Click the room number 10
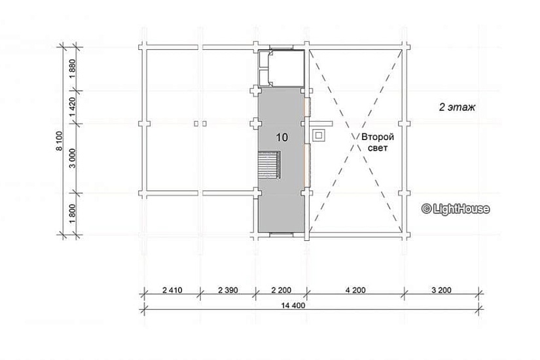pos(281,137)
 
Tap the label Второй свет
pos(378,142)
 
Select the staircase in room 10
pos(269,165)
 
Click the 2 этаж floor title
pos(457,107)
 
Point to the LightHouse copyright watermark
pos(456,209)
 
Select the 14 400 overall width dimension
pos(293,305)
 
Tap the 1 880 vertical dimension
pos(72,69)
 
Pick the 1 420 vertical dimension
pos(72,107)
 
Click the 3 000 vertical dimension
pos(72,158)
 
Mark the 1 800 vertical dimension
pos(72,213)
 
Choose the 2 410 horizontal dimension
pos(172,290)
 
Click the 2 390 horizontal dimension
pos(228,290)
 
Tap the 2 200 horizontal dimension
pos(281,290)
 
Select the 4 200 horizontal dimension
pos(355,290)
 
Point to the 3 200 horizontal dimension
pos(441,290)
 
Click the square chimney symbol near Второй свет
pos(319,135)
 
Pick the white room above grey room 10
pos(281,68)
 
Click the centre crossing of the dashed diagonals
pos(357,142)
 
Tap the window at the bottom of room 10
pos(281,234)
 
